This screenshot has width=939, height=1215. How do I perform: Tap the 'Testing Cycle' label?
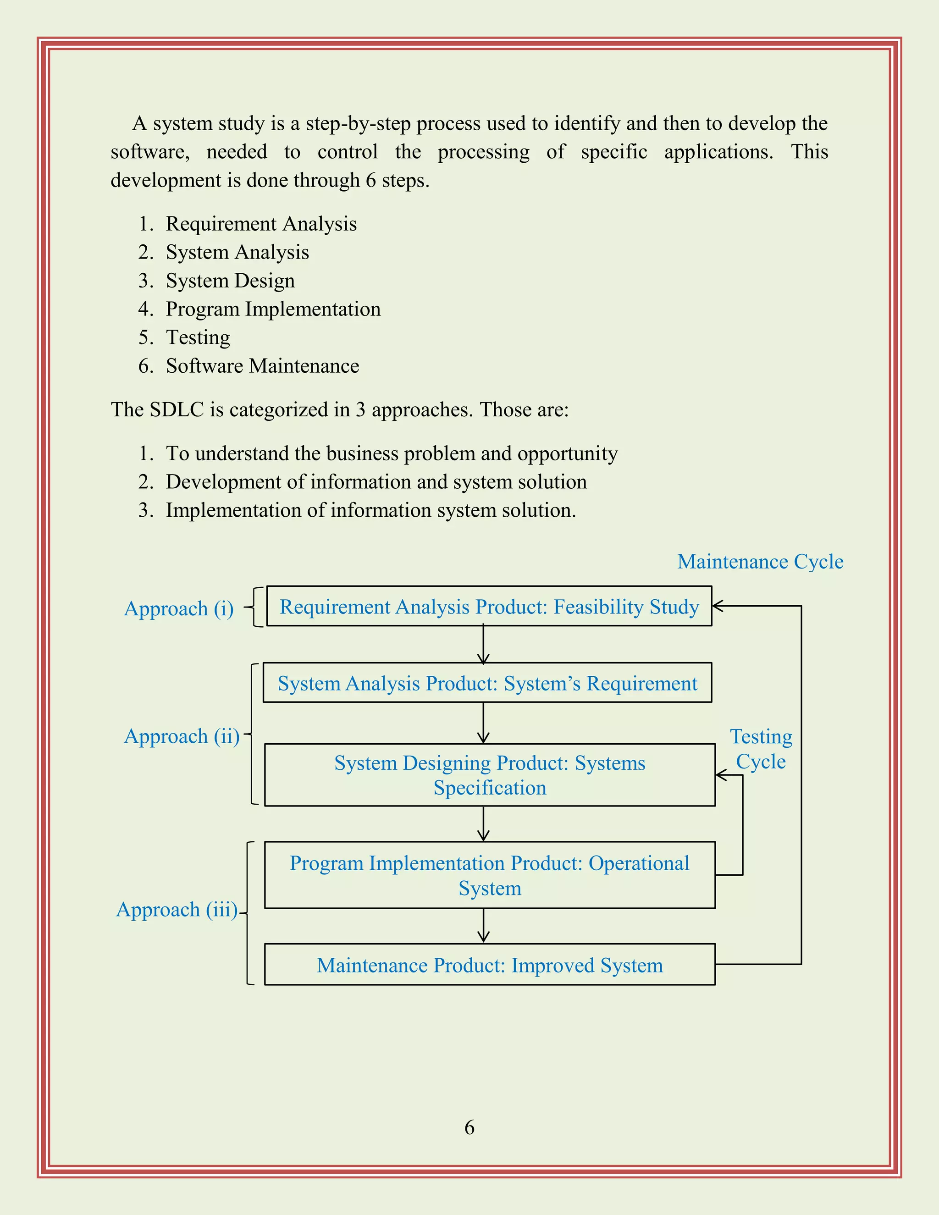click(x=761, y=749)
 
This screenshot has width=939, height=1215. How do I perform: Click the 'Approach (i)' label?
click(x=178, y=608)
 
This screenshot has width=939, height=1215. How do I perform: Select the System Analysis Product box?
click(x=487, y=683)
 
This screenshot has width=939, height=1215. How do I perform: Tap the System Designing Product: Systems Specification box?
click(x=490, y=775)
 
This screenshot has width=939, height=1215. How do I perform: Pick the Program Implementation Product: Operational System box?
click(x=490, y=875)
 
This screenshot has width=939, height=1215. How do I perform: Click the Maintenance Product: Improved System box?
click(x=490, y=965)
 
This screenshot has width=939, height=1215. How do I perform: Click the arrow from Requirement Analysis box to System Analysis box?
click(x=483, y=644)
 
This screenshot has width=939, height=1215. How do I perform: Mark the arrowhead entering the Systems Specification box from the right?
click(x=721, y=775)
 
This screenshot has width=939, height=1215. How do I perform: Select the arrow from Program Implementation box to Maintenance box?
click(x=483, y=926)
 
